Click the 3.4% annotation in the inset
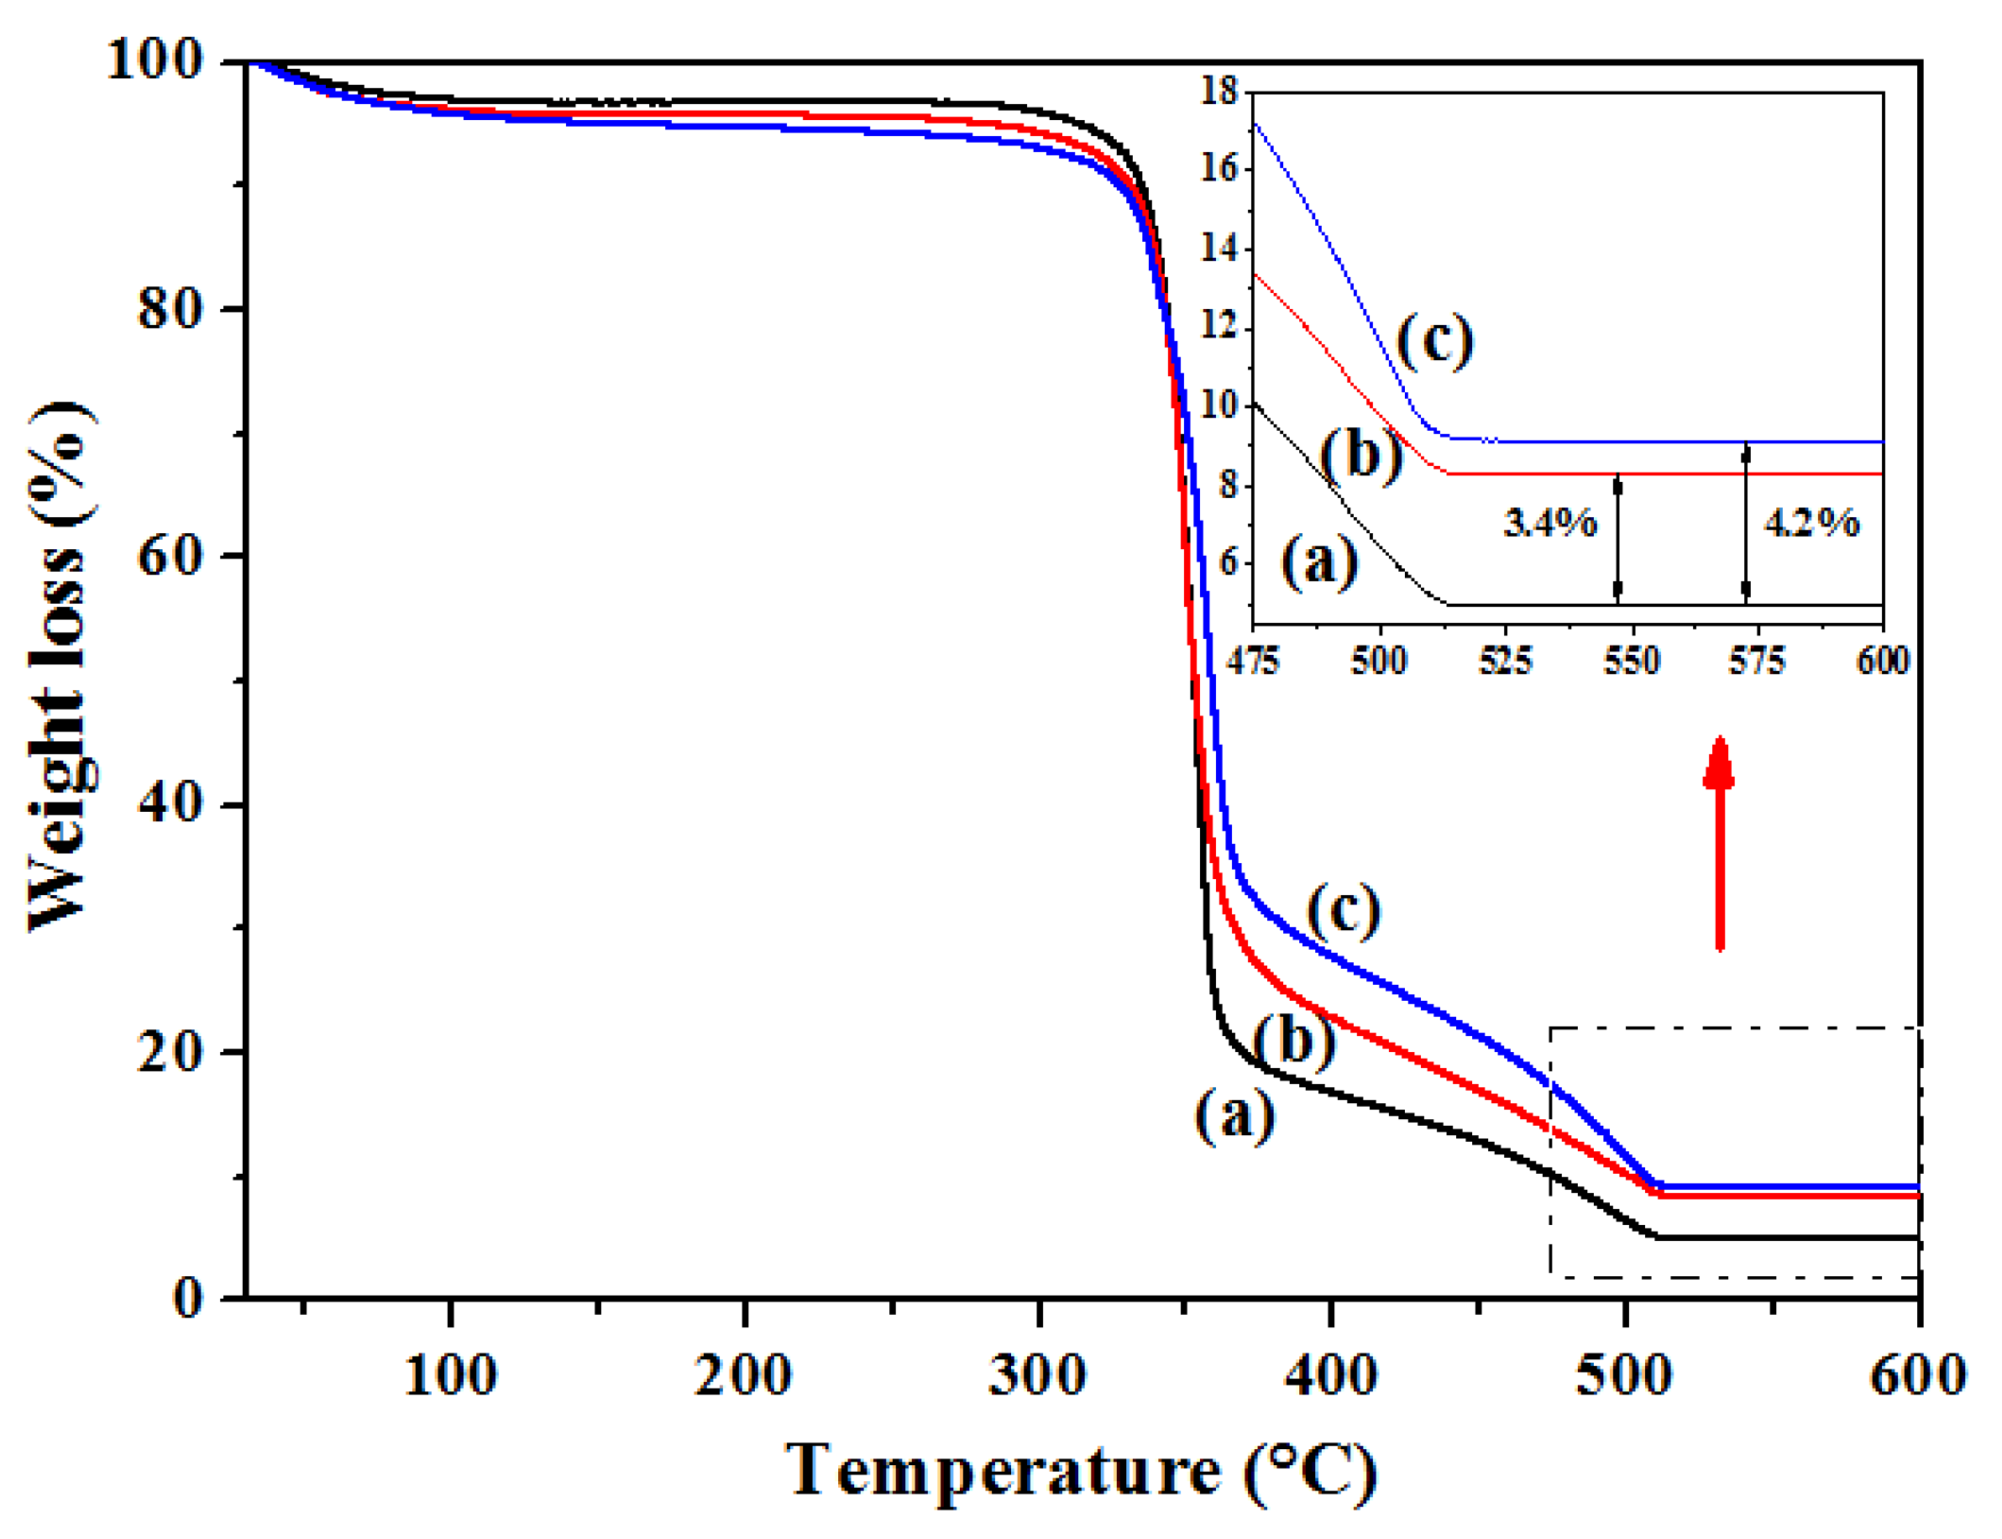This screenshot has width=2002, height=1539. [1550, 523]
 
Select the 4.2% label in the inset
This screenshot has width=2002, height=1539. [1811, 523]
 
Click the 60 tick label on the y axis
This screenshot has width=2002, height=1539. [170, 556]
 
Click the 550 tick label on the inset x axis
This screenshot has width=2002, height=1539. [1632, 661]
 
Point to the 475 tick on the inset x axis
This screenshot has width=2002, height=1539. [1253, 661]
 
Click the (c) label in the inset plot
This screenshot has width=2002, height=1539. [1435, 340]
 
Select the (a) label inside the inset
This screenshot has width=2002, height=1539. [1319, 561]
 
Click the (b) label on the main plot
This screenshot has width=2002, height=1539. [1294, 1040]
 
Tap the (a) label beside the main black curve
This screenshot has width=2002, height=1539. [1235, 1116]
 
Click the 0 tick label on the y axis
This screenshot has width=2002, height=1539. [188, 1298]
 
